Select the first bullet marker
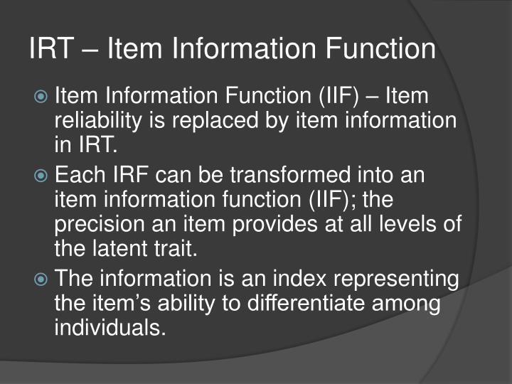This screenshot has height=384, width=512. click(x=43, y=95)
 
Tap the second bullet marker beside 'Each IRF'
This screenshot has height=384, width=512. click(x=43, y=175)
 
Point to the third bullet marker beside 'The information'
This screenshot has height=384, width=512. click(x=43, y=277)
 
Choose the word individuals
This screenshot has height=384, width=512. click(x=110, y=328)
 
